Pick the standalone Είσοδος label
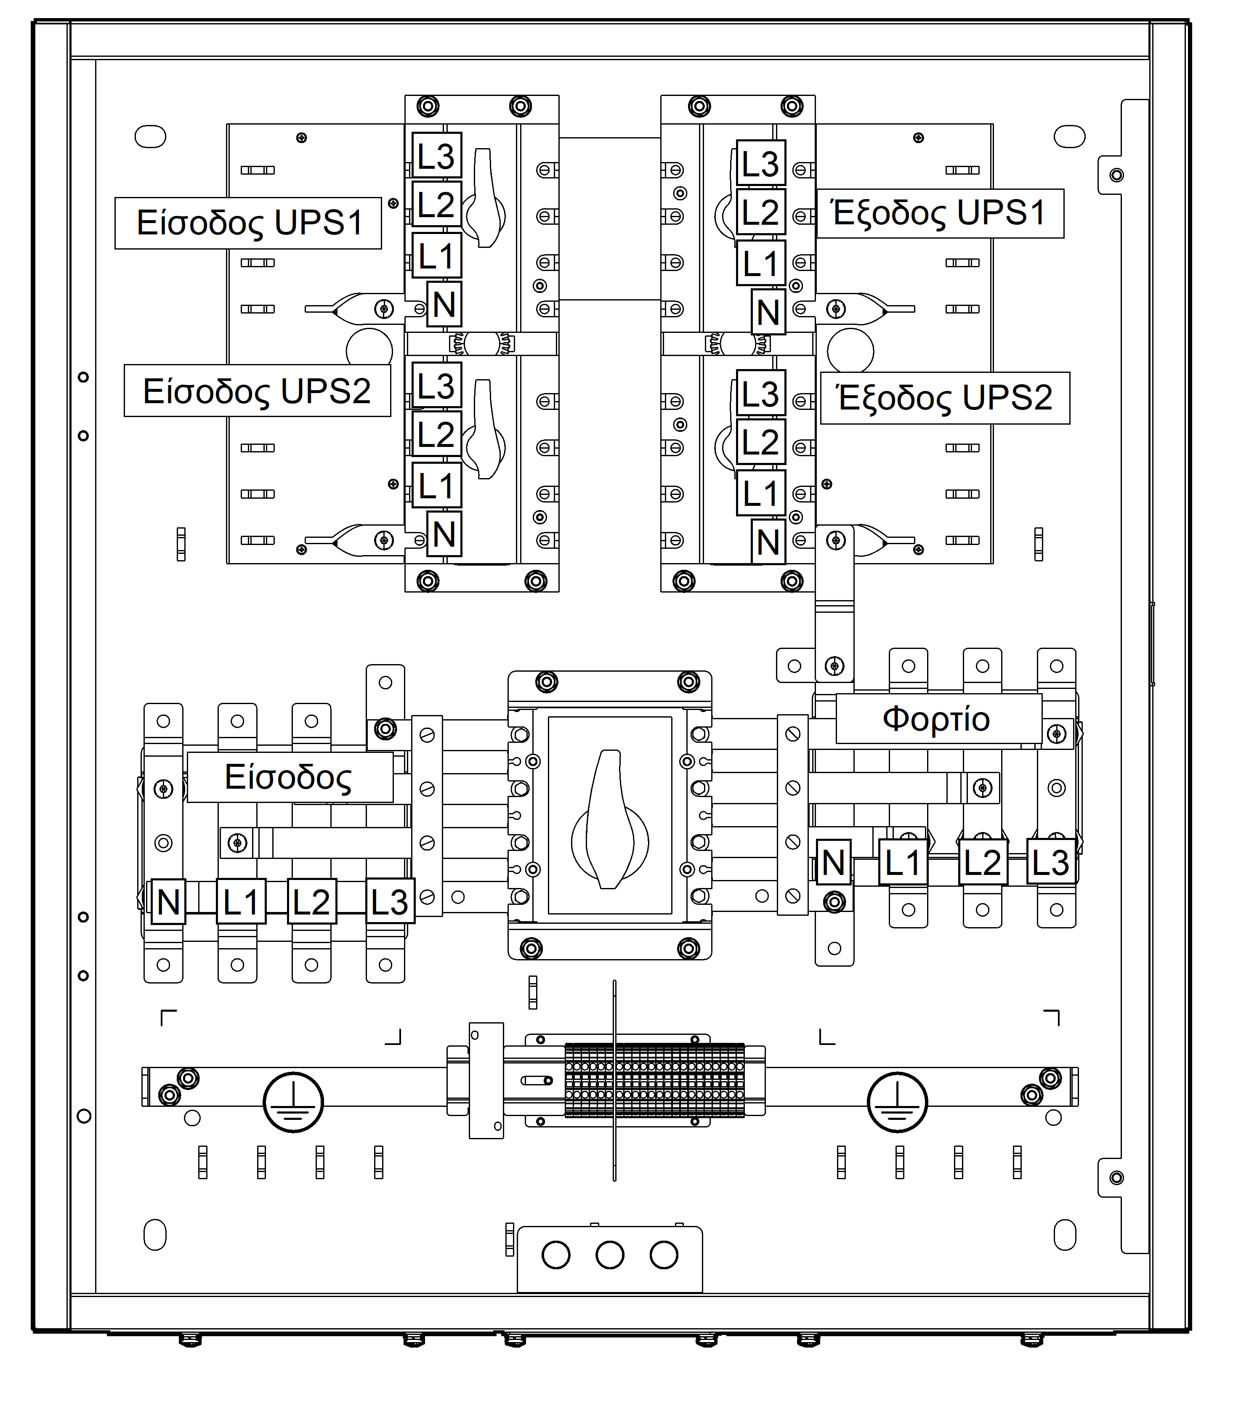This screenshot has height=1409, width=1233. (289, 777)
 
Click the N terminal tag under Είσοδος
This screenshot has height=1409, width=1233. (168, 902)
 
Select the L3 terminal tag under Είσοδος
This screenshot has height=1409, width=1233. (389, 902)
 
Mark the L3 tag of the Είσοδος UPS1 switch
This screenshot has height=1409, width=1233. (436, 156)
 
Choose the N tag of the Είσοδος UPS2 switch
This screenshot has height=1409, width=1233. (444, 534)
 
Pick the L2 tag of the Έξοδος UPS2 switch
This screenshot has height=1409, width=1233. (760, 442)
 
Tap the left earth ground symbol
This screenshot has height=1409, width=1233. (293, 1101)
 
